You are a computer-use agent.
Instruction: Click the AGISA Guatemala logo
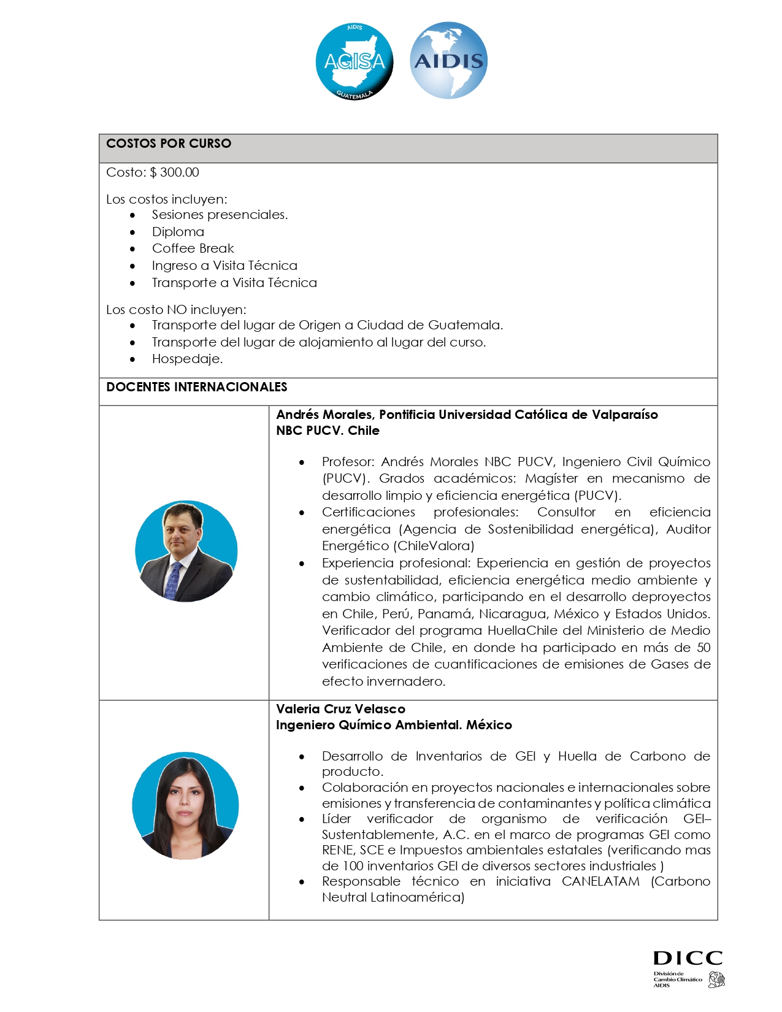pos(354,61)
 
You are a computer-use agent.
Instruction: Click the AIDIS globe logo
pos(448,60)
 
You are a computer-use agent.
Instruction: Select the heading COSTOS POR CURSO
pos(169,144)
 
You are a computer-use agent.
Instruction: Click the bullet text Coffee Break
pos(193,248)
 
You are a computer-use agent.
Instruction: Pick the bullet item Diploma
pos(178,232)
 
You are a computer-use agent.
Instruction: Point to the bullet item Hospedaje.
pos(187,359)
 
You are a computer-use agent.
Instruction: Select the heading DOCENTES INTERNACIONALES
pos(197,387)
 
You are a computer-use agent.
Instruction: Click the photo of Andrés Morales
pos(186,551)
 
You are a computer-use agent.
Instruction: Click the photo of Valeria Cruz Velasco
pos(185,805)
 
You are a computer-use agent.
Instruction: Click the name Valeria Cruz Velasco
pos(340,709)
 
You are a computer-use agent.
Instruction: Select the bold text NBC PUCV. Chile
pos(328,431)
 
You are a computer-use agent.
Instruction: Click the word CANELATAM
pos(600,881)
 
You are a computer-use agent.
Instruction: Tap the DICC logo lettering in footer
pos(688,958)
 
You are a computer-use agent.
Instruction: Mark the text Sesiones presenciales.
pos(220,215)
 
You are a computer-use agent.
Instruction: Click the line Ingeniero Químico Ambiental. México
pos(394,725)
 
